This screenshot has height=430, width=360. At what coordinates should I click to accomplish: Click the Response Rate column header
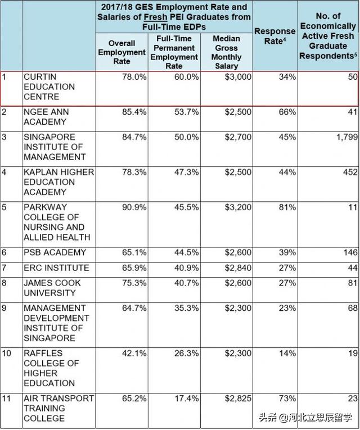coord(274,37)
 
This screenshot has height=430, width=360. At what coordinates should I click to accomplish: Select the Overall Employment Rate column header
coord(121,52)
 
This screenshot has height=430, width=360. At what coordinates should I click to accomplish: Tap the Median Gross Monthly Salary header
coord(226,52)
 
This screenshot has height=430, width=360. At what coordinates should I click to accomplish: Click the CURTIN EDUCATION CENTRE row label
coord(49,87)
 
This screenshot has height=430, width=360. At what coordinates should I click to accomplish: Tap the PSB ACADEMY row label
coord(55,252)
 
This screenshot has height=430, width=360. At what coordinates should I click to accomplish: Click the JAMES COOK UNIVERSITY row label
coord(52,288)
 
